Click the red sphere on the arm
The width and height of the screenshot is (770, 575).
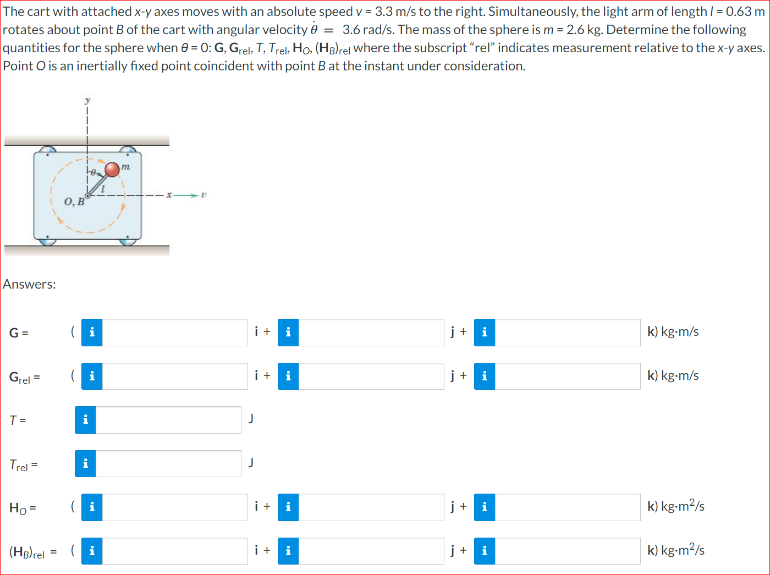(112, 170)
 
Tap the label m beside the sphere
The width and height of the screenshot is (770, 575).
(125, 167)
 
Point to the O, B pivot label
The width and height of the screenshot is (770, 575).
(74, 202)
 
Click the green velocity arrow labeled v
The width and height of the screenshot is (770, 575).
(186, 195)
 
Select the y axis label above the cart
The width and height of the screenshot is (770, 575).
(87, 101)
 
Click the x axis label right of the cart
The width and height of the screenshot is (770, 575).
(169, 195)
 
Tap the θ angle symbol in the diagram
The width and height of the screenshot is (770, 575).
(93, 172)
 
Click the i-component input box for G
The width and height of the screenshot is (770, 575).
(175, 333)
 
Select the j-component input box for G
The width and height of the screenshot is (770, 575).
(371, 333)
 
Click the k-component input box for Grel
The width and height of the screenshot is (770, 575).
(567, 376)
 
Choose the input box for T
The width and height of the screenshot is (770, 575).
(168, 420)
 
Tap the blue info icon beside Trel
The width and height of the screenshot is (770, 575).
(85, 464)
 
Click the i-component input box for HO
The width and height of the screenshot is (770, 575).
(175, 507)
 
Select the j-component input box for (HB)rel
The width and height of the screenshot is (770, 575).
(371, 551)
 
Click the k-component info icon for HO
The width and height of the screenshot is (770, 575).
(485, 507)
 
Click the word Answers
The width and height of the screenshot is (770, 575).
(30, 284)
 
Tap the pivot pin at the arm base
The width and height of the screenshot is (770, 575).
(87, 196)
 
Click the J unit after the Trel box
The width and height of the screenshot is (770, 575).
(250, 463)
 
